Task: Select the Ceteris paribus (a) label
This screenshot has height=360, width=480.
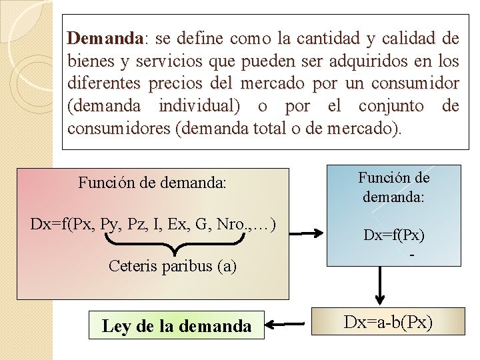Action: pyautogui.click(x=172, y=266)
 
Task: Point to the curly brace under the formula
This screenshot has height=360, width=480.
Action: pyautogui.click(x=173, y=247)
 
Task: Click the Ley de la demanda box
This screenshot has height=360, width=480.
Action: pyautogui.click(x=177, y=325)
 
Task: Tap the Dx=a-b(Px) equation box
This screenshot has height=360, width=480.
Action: pyautogui.click(x=388, y=323)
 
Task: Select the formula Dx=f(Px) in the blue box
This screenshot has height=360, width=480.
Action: pyautogui.click(x=394, y=235)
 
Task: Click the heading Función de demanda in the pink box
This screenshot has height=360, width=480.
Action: pyautogui.click(x=153, y=181)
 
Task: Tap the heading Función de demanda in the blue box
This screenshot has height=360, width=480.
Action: pyautogui.click(x=394, y=187)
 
